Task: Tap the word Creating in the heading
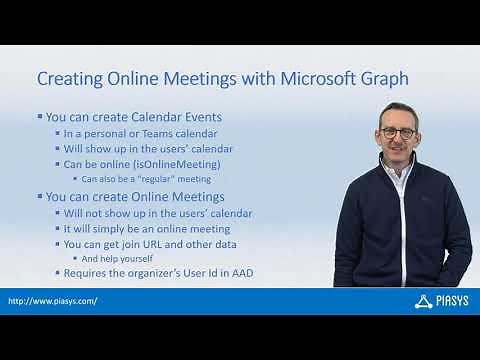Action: [71, 78]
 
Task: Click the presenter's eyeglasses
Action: [400, 131]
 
